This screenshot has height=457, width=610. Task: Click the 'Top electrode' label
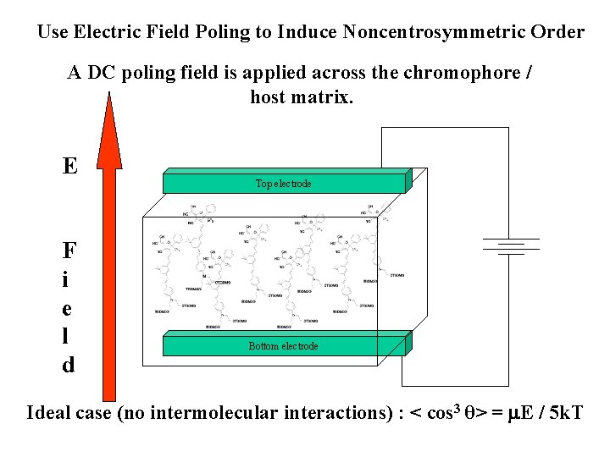click(283, 184)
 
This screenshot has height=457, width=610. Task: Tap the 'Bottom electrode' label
click(283, 346)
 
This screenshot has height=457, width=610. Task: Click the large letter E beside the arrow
click(69, 165)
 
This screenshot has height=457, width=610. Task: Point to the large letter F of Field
click(69, 251)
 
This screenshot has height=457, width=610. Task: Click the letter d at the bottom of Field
click(68, 365)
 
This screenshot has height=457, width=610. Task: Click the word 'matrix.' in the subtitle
click(323, 97)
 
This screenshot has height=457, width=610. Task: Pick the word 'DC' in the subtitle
click(102, 73)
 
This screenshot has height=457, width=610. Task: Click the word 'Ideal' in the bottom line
click(49, 413)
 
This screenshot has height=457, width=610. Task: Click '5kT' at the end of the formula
click(563, 413)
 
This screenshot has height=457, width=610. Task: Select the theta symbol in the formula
click(469, 414)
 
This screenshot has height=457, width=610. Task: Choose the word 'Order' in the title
click(559, 33)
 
